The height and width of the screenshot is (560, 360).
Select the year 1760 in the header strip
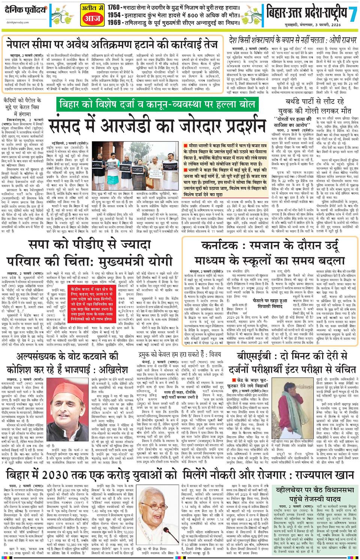(113, 7)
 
